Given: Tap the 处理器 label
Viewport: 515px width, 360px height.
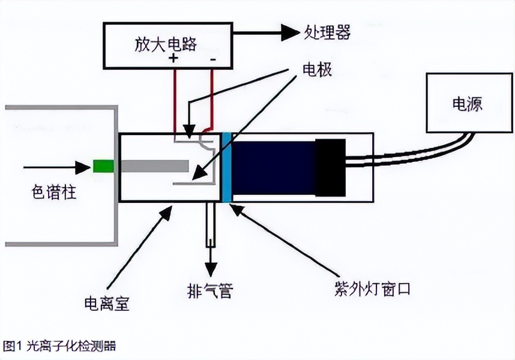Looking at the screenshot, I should tap(327, 32).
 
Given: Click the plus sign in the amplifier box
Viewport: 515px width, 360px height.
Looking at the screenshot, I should tap(174, 59).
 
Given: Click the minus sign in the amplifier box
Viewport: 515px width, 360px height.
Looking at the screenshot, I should tap(213, 59).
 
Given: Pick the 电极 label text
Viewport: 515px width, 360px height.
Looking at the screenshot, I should tap(316, 70).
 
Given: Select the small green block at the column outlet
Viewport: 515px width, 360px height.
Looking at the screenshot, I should tap(103, 166).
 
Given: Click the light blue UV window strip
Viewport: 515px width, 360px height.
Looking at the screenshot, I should tap(226, 167).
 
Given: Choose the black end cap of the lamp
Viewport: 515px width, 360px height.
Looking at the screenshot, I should tap(331, 168).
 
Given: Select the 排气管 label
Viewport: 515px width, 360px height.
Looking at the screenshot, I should tap(209, 292).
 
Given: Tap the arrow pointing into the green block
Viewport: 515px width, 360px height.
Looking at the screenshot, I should tap(57, 166).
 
